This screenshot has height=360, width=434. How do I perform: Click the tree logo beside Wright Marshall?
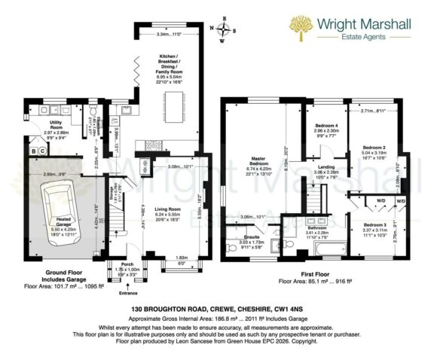point(301,28)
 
